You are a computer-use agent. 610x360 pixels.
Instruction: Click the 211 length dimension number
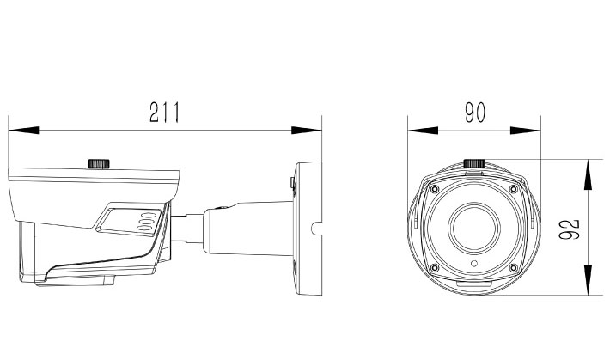163,113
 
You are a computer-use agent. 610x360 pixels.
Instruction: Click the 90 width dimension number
474,113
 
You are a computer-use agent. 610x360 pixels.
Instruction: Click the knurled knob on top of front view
474,163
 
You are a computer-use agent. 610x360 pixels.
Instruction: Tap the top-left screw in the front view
435,189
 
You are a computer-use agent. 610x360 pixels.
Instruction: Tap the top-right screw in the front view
513,189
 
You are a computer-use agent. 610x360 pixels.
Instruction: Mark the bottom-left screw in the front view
435,266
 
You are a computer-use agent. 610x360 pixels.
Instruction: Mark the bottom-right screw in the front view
513,266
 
